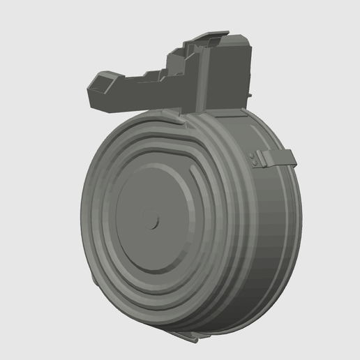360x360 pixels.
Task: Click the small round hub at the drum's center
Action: [153, 222]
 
